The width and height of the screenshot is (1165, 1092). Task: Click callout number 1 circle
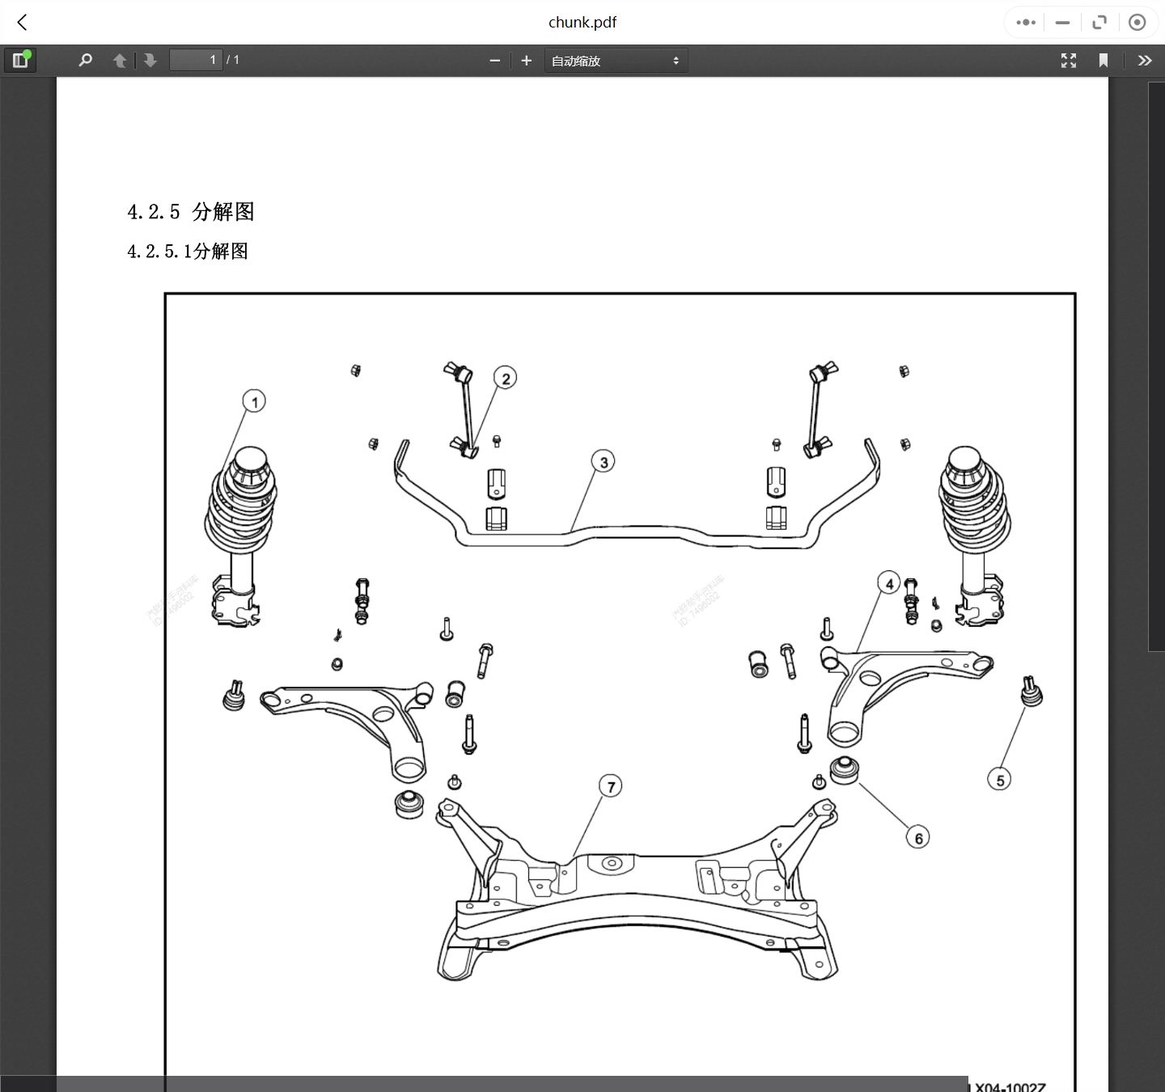click(x=254, y=401)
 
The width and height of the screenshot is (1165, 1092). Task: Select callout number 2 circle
click(x=506, y=378)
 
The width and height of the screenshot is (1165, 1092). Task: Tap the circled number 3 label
click(x=604, y=462)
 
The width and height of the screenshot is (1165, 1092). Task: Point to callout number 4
click(x=889, y=583)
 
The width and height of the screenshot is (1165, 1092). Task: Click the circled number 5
click(x=1000, y=780)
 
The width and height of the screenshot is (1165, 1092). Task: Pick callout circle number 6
click(x=918, y=838)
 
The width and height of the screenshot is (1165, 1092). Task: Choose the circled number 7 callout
click(x=611, y=786)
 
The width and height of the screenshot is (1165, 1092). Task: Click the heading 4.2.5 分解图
click(x=191, y=212)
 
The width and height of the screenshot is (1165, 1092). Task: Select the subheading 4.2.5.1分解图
click(x=188, y=252)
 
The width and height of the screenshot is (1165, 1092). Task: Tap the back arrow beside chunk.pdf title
click(x=23, y=23)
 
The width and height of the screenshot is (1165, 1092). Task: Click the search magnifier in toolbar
click(x=85, y=61)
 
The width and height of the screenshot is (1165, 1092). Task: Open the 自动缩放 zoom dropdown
click(x=616, y=61)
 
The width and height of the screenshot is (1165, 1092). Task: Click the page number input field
click(x=195, y=60)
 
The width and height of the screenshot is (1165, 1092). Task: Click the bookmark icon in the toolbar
click(x=1103, y=61)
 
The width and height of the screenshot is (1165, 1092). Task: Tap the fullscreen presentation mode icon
click(x=1069, y=61)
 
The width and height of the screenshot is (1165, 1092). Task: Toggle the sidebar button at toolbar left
click(x=20, y=61)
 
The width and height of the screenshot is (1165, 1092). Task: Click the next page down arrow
click(x=150, y=61)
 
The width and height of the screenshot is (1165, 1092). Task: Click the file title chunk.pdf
click(x=582, y=23)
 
